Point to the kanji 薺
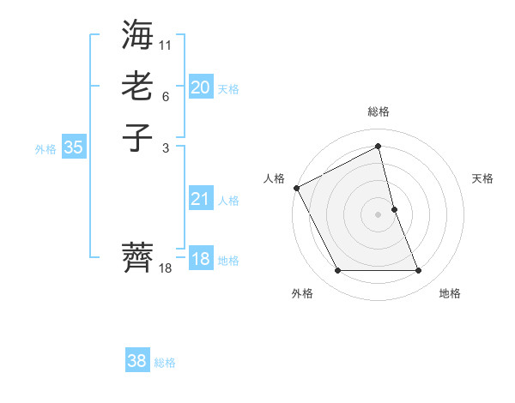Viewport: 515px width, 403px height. [137, 256]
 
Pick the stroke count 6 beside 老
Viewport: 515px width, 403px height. [166, 96]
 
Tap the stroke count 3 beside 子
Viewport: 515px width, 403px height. [166, 147]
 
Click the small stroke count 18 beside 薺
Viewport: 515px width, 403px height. [166, 268]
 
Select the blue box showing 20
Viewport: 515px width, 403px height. [200, 87]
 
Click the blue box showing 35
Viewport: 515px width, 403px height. [74, 147]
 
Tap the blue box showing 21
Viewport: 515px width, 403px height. [200, 199]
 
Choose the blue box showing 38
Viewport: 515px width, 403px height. [137, 361]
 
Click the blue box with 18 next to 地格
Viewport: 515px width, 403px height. [200, 259]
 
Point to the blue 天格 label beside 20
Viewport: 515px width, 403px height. [228, 89]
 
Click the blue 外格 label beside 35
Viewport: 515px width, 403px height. [45, 149]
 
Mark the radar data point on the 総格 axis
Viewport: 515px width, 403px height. [379, 147]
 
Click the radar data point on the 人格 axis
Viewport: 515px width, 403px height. [297, 188]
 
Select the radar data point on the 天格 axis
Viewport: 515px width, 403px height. [394, 209]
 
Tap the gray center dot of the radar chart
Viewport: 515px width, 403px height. [379, 214]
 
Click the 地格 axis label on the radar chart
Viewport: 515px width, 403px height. [450, 293]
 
